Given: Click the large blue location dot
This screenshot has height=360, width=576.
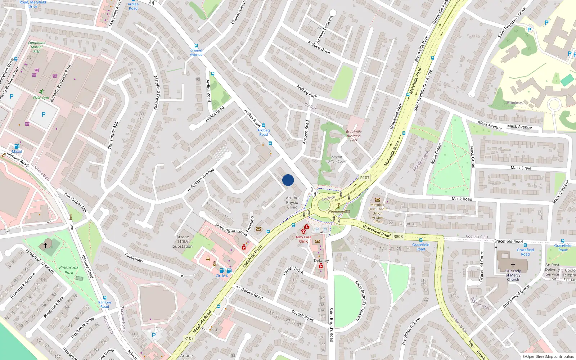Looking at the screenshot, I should tap(288, 180).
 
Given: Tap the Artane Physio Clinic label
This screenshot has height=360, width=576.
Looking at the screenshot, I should tap(292, 203).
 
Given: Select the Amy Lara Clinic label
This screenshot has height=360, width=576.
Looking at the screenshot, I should tap(303, 239).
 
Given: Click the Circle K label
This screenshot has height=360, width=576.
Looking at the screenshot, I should tap(222, 276).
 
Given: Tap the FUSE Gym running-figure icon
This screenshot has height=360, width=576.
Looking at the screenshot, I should tap(41, 91).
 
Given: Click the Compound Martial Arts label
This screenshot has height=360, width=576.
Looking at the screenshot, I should tap(37, 47).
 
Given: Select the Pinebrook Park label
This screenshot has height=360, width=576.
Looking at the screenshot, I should tap(69, 270).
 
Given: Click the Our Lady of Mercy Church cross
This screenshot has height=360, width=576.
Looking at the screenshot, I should tap(513, 265).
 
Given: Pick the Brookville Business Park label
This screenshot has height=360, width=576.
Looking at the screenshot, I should tap(354, 136).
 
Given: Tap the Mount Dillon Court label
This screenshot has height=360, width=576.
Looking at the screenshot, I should tap(337, 159).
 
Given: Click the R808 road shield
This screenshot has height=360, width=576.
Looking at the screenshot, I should tap(398, 237).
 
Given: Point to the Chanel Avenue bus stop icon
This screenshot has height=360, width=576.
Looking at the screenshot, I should tap(196, 46).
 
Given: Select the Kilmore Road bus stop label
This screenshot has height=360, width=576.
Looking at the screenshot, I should tap(105, 305).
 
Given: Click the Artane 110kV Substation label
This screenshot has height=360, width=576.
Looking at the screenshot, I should tap(183, 242).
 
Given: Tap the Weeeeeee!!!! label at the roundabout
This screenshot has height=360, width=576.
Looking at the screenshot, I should tap(338, 211).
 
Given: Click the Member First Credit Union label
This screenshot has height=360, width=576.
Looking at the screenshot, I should tap(377, 213).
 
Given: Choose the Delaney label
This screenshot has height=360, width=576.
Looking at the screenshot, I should tap(321, 261).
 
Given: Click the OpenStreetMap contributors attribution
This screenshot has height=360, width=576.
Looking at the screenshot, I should tap(548, 356).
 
